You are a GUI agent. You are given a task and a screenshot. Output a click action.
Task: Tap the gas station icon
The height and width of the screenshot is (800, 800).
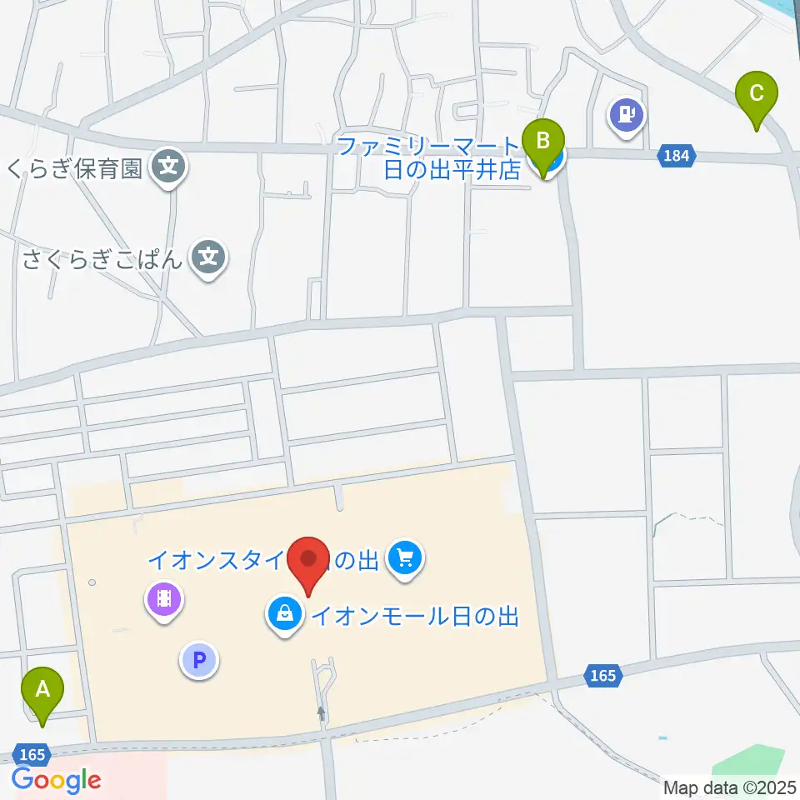(627, 113)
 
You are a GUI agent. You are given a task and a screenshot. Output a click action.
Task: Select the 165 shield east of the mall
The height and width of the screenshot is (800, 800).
(602, 675)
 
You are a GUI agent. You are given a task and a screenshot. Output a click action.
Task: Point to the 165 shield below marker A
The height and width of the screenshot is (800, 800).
(32, 754)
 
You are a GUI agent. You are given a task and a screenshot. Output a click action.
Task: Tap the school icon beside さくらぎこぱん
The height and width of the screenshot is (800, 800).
(208, 257)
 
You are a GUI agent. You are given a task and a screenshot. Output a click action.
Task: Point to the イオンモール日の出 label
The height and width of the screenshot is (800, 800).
(415, 617)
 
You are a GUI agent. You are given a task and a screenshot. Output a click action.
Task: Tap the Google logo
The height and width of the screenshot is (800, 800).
(56, 781)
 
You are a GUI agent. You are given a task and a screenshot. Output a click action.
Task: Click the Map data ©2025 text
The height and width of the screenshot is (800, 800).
(728, 787)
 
